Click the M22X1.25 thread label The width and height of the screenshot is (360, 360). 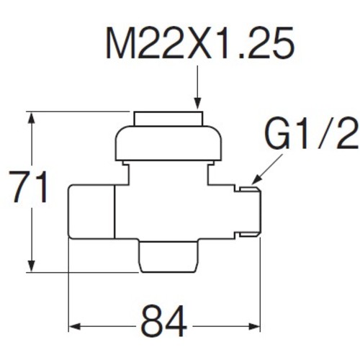(x=200, y=42)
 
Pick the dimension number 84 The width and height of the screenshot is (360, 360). (x=164, y=321)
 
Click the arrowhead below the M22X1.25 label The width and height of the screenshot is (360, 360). (x=197, y=103)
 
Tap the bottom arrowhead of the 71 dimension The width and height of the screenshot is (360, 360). (x=32, y=266)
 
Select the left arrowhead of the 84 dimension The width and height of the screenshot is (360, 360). (x=75, y=326)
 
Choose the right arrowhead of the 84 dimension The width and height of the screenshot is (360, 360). (x=254, y=326)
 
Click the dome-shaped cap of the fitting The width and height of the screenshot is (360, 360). (x=168, y=143)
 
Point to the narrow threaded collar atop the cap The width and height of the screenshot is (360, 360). (x=168, y=119)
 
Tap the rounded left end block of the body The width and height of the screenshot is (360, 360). (x=91, y=212)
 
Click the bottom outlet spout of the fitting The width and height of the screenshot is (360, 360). (x=168, y=256)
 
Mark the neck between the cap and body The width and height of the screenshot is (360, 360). (x=168, y=173)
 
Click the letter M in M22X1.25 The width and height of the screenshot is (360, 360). (x=120, y=42)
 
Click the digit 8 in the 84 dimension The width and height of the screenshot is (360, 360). (x=152, y=321)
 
